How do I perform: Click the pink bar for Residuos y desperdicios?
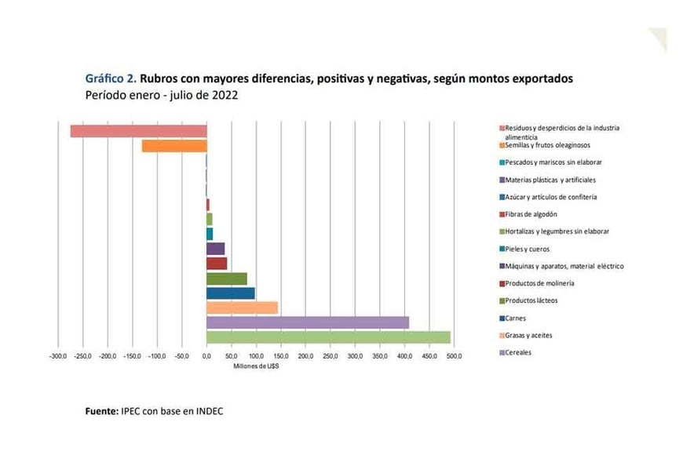pos(138,131)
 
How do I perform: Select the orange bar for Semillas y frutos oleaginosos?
pos(173,146)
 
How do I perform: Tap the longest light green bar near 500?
pos(328,337)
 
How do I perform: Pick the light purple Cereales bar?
pos(307,322)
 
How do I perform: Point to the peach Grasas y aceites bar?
pos(242,308)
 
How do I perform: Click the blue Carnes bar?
pos(230,293)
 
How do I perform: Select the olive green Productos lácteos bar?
pos(226,278)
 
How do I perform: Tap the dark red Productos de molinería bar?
pos(217,264)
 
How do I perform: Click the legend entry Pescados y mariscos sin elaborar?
pos(553,162)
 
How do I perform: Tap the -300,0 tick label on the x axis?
pos(58,357)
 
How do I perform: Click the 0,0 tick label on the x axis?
pos(206,357)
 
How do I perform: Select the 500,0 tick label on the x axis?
pos(454,357)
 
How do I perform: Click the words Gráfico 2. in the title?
pos(110,78)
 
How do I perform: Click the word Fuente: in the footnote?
pos(101,410)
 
